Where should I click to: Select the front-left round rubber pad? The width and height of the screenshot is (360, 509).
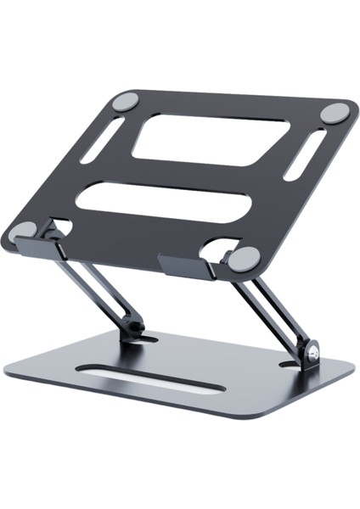click(x=25, y=230)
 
